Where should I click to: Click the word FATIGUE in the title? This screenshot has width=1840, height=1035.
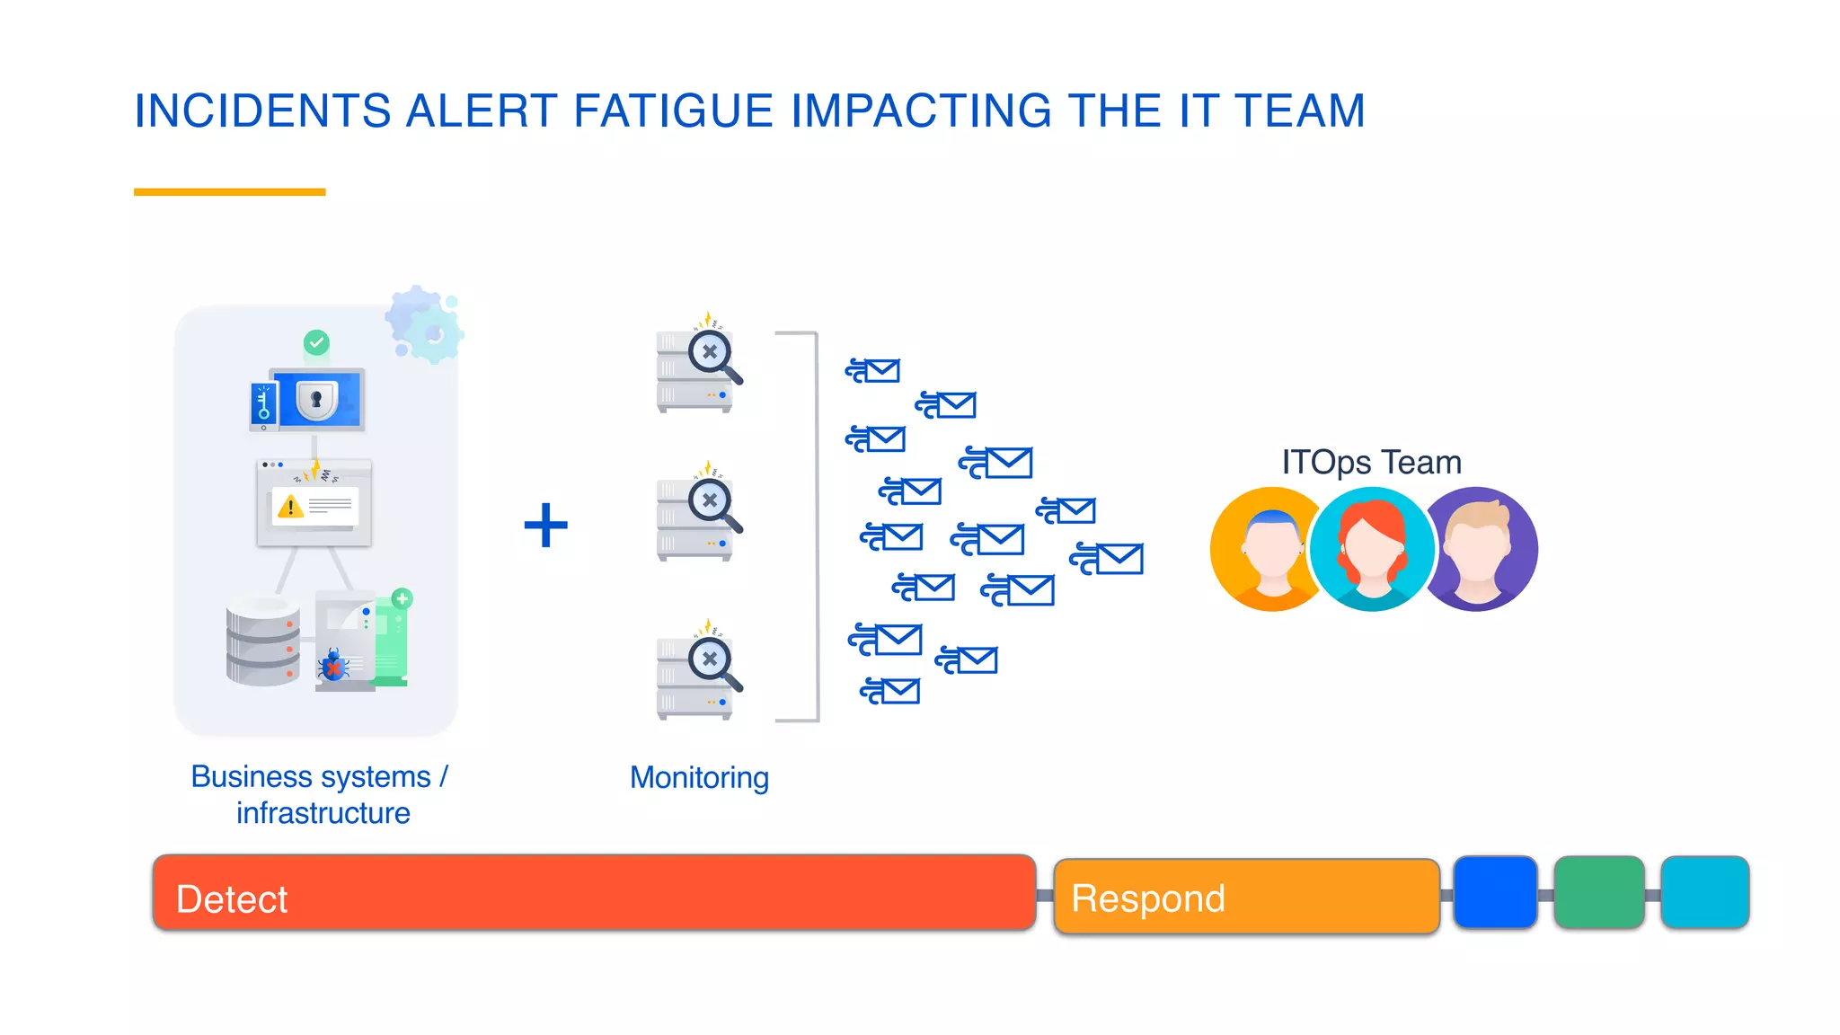pyautogui.click(x=672, y=111)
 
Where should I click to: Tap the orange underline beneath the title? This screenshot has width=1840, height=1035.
pyautogui.click(x=229, y=191)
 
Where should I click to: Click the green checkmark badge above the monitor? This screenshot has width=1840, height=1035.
pyautogui.click(x=316, y=342)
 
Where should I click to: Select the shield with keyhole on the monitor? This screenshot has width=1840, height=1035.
pyautogui.click(x=316, y=398)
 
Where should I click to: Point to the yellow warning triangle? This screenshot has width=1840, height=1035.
pyautogui.click(x=290, y=506)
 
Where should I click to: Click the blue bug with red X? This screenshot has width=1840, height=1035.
pyautogui.click(x=333, y=666)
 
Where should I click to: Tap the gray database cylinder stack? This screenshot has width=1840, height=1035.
pyautogui.click(x=262, y=641)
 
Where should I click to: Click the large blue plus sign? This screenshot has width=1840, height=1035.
pyautogui.click(x=546, y=526)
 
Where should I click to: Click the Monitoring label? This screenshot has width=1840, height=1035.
pyautogui.click(x=699, y=777)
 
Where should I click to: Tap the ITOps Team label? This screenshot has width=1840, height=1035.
pyautogui.click(x=1371, y=462)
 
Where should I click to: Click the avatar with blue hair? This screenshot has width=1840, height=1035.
pyautogui.click(x=1269, y=549)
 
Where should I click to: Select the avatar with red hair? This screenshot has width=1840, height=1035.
pyautogui.click(x=1372, y=549)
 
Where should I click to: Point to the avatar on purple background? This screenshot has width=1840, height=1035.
pyautogui.click(x=1482, y=549)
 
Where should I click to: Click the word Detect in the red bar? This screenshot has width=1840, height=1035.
pyautogui.click(x=232, y=899)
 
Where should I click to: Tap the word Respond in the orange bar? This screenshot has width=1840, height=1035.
pyautogui.click(x=1148, y=898)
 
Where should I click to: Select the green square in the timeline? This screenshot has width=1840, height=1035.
pyautogui.click(x=1599, y=892)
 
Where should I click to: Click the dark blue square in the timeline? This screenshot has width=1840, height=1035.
pyautogui.click(x=1495, y=892)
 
